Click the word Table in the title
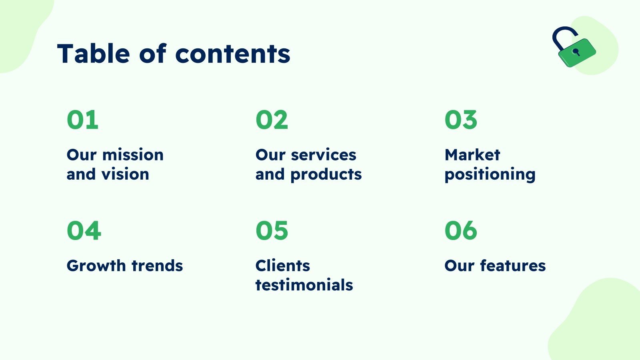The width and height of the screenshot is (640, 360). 94,54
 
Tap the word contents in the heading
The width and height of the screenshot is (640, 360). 232,54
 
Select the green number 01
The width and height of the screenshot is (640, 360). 82,120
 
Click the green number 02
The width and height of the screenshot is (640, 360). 272,120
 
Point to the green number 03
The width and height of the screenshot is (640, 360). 461,120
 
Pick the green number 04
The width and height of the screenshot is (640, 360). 84,230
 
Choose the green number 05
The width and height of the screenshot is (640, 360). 272,230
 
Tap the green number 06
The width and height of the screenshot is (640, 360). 461,230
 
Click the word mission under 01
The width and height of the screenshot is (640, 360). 133,155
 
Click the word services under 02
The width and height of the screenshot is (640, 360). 324,155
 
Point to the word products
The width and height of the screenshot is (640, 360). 326,175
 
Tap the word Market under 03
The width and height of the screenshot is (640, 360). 472,155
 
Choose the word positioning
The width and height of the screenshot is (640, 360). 490,175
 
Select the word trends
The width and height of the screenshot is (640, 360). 157,266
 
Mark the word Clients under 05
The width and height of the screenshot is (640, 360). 282,266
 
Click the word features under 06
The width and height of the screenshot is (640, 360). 513,266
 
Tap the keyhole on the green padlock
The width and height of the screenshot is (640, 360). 576,52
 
